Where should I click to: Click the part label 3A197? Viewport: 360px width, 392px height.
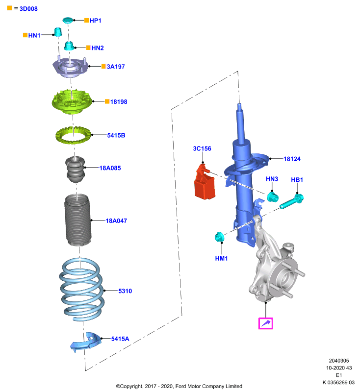click(116, 67)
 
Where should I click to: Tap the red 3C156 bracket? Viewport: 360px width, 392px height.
click(205, 182)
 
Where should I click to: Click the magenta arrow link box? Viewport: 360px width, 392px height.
click(265, 323)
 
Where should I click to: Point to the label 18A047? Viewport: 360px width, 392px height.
click(116, 221)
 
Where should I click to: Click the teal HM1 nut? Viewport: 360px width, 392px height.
click(219, 237)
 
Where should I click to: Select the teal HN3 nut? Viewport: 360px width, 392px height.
click(272, 197)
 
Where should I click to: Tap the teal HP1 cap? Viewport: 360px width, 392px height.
click(68, 20)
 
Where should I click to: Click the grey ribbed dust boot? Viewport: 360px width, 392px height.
click(78, 220)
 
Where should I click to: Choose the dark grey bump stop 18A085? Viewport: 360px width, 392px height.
click(75, 170)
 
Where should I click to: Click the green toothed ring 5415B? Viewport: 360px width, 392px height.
click(73, 135)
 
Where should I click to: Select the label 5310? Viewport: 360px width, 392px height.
click(125, 291)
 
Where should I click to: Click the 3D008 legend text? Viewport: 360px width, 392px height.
click(28, 9)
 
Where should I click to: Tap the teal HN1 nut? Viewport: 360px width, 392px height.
click(58, 32)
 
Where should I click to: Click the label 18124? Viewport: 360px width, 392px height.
click(292, 159)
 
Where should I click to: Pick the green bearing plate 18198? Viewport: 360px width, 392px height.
click(72, 102)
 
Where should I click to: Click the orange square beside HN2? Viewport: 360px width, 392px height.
click(88, 48)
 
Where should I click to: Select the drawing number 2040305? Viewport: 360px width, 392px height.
click(339, 361)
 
